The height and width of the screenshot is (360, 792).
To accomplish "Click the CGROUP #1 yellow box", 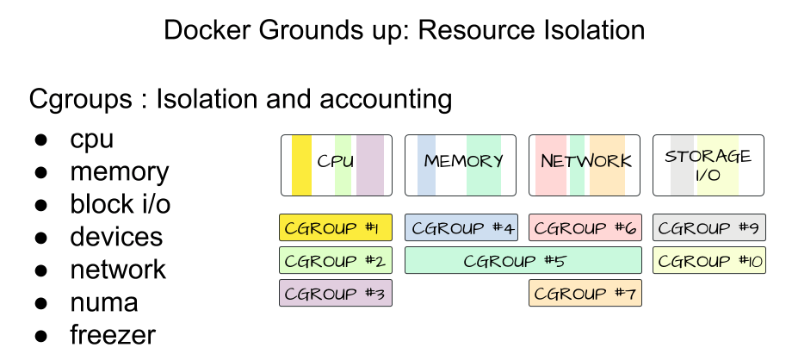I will (336, 228).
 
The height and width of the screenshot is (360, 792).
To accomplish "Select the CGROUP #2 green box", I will (336, 260).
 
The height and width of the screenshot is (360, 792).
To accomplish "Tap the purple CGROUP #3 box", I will (336, 293).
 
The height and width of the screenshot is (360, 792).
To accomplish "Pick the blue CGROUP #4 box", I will (461, 228).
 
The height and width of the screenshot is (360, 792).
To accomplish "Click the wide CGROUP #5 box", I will (523, 260).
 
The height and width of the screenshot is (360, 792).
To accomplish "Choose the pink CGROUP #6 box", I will (585, 228).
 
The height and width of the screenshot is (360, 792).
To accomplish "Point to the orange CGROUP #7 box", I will (585, 293).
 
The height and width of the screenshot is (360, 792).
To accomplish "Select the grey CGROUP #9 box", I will (708, 228).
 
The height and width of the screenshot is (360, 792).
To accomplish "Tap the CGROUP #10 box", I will (708, 260).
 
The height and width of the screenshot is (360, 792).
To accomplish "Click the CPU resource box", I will (336, 164).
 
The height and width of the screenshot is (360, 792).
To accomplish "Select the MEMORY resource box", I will (461, 164).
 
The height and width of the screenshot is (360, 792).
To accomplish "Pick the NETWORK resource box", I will (585, 164).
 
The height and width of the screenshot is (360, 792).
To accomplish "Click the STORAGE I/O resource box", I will (708, 164).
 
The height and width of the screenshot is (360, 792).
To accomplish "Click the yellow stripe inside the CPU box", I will (302, 164).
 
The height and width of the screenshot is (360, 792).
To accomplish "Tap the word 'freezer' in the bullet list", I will (113, 334).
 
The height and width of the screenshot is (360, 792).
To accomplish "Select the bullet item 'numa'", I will (103, 302).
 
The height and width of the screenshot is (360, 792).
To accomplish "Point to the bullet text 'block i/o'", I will (121, 204).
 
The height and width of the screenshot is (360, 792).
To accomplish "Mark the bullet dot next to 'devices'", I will (40, 238).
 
